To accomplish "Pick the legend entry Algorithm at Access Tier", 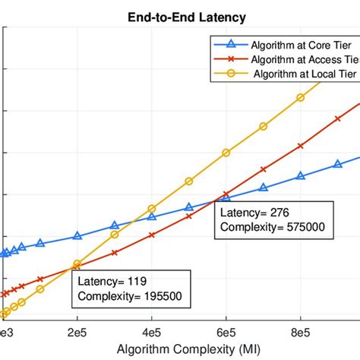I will point(297,60).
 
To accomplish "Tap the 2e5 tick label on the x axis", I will point(77,332).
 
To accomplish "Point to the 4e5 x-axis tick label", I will point(152,332).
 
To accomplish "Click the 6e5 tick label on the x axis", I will point(226,332).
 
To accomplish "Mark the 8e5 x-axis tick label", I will point(301,332).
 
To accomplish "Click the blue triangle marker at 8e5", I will point(301,175).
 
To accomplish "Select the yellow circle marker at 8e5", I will point(301,98).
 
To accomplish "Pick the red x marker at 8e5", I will point(301,144).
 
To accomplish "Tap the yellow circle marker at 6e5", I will point(226,153).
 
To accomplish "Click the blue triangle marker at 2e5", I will point(77,235).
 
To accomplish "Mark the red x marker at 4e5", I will point(152,235).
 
